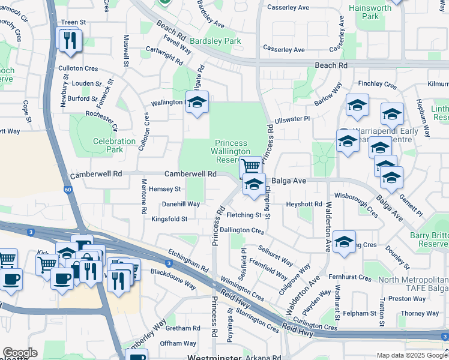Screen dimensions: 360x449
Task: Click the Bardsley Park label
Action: click(x=215, y=41)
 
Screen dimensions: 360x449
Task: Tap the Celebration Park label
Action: click(x=114, y=145)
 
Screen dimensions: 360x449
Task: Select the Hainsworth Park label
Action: click(x=371, y=12)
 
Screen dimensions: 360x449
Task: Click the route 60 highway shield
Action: click(x=68, y=190)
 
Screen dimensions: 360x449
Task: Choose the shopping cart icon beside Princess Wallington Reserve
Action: click(x=251, y=167)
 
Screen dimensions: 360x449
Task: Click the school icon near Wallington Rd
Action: click(x=196, y=103)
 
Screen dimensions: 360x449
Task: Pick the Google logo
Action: click(x=20, y=353)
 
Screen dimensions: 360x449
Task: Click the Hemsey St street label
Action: click(x=164, y=189)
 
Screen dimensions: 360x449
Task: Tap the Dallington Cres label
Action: click(x=242, y=230)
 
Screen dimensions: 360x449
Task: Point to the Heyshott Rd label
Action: click(x=304, y=205)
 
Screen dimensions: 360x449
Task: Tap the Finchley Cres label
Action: click(x=377, y=85)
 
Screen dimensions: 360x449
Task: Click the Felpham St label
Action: click(x=360, y=313)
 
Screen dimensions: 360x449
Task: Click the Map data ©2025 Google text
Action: click(x=411, y=355)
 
